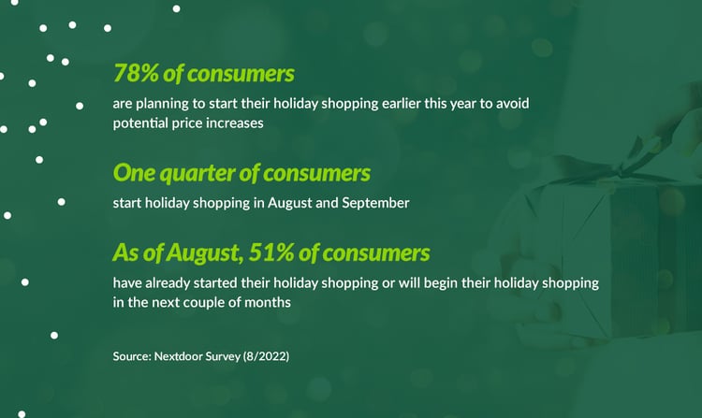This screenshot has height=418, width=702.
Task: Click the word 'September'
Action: [x=375, y=203]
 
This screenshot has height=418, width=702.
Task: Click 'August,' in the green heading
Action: [x=205, y=253]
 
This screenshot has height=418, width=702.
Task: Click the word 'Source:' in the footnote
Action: [x=132, y=356]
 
